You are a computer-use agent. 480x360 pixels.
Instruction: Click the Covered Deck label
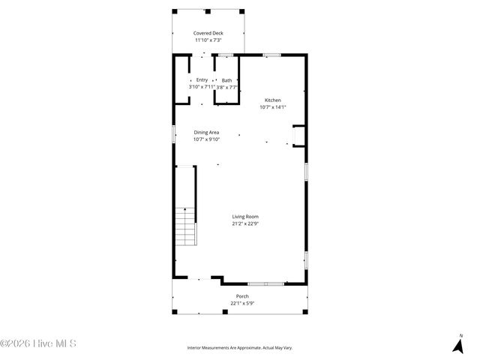pyautogui.click(x=208, y=33)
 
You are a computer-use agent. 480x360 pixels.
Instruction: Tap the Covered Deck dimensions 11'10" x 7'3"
pyautogui.click(x=208, y=40)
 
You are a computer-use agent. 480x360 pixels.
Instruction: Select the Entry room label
pyautogui.click(x=202, y=80)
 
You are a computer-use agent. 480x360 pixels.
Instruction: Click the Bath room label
pyautogui.click(x=226, y=80)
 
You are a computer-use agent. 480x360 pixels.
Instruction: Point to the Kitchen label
pyautogui.click(x=272, y=100)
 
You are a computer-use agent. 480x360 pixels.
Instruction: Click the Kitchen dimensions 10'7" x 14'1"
pyautogui.click(x=272, y=106)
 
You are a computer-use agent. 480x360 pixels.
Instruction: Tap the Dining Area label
pyautogui.click(x=206, y=132)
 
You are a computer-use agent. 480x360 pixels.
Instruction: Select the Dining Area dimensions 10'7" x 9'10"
pyautogui.click(x=206, y=139)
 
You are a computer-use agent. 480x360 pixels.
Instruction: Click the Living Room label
pyautogui.click(x=245, y=216)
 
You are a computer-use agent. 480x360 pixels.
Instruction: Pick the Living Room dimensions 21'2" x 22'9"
pyautogui.click(x=245, y=223)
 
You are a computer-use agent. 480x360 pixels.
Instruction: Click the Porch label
pyautogui.click(x=242, y=296)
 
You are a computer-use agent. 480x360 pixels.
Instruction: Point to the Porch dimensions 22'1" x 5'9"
pyautogui.click(x=242, y=303)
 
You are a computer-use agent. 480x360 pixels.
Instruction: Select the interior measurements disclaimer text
pyautogui.click(x=240, y=348)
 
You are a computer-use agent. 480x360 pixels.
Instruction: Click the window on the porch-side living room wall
pyautogui.click(x=265, y=283)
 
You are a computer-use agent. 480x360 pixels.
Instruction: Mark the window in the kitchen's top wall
pyautogui.click(x=271, y=54)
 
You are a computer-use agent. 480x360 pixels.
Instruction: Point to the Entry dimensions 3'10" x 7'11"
pyautogui.click(x=202, y=87)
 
